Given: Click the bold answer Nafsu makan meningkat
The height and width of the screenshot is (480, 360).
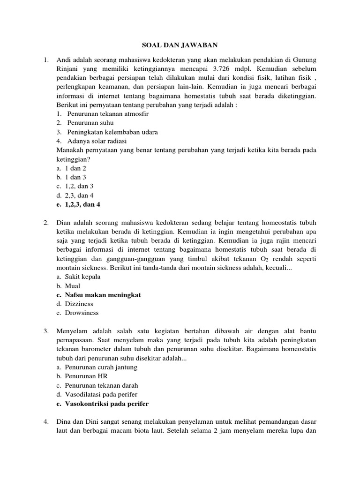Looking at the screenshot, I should point(103,295).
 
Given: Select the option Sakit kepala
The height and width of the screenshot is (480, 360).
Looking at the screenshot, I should point(83,277).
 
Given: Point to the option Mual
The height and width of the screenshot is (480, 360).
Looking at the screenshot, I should point(73,286).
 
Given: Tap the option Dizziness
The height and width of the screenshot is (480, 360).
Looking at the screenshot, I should point(79,304).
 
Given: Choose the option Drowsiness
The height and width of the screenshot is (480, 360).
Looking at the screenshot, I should point(82,313).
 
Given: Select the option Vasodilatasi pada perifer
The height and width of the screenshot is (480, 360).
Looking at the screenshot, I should point(101,394).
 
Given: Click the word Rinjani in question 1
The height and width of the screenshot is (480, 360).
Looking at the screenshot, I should point(69,69).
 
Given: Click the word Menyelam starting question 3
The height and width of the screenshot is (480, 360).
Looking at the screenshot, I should point(71,331).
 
